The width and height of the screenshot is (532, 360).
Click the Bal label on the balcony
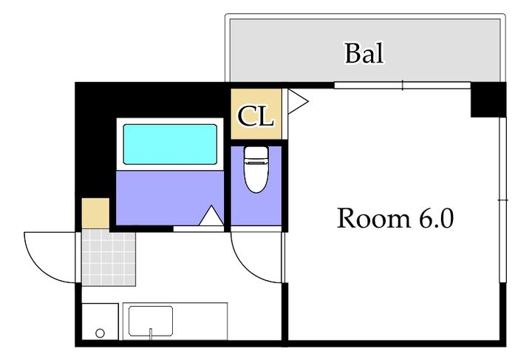click(364, 53)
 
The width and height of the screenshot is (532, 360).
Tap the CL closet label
click(256, 116)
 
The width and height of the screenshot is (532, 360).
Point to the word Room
click(374, 218)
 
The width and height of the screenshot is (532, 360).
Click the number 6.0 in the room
click(437, 218)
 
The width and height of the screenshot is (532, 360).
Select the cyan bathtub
click(170, 144)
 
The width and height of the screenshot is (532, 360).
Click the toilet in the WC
click(256, 169)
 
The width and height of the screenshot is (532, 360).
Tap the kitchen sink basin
click(151, 321)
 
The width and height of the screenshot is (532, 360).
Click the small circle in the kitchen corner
click(100, 333)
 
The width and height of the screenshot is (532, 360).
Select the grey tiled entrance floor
click(109, 257)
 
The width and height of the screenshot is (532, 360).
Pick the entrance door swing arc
click(39, 267)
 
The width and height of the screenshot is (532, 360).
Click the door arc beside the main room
click(245, 268)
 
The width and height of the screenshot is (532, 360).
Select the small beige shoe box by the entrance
click(95, 214)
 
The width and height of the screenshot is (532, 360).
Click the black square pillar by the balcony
click(488, 100)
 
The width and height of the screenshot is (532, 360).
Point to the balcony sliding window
click(403, 85)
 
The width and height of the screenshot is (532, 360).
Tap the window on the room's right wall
click(503, 200)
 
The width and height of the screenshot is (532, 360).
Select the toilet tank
click(256, 154)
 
